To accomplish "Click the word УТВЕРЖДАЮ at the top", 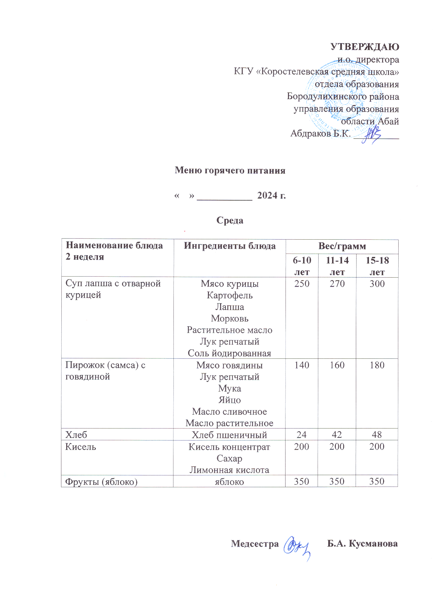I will coord(364,47).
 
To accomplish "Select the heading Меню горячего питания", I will coord(230,171).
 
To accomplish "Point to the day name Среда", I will coord(230,220).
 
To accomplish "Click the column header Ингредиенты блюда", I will coord(230,246).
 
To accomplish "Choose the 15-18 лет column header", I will coord(377,266).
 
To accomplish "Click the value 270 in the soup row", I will coord(337,284).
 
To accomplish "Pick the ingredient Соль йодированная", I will coord(230,353).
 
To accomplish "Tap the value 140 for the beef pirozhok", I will coord(301,365).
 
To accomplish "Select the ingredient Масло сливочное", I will coord(230,412).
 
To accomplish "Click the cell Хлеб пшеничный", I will coord(230,435).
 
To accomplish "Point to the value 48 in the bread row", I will coord(377,435).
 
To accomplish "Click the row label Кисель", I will coord(81,447).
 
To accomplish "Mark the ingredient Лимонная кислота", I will coord(230,470).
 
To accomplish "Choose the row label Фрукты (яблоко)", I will coord(101,482).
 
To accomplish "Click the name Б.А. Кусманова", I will coord(362,544).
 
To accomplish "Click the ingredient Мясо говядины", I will coord(230,365).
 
